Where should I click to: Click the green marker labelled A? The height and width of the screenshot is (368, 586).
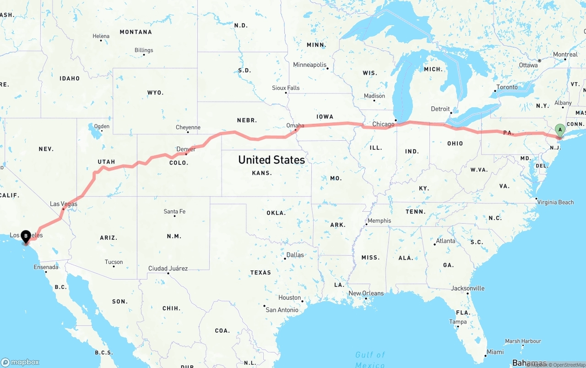coord(559,130)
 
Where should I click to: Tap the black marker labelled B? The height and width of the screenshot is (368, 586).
coord(26,236)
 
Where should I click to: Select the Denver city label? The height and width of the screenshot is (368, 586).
coord(186,149)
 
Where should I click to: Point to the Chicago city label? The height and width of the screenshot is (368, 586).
coord(383,124)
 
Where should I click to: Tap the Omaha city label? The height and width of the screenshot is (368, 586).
coord(295,125)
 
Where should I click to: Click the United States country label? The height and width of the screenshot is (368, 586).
coord(271,160)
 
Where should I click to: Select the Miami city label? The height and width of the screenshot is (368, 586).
coord(495,352)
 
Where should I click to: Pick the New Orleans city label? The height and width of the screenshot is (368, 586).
coord(366,293)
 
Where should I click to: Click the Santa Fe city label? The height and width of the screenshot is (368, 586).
coord(174,211)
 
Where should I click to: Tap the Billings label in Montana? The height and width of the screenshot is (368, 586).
coord(144,50)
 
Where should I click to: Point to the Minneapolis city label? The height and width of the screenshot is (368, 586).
coord(310,65)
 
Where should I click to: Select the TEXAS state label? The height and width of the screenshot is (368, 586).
coord(260,273)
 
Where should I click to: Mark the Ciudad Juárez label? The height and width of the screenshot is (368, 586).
coord(168,268)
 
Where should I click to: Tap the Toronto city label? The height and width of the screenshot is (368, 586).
coord(507,87)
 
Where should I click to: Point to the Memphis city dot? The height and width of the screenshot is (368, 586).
coord(366,225)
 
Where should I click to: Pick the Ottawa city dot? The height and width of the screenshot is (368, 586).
coord(540,60)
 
